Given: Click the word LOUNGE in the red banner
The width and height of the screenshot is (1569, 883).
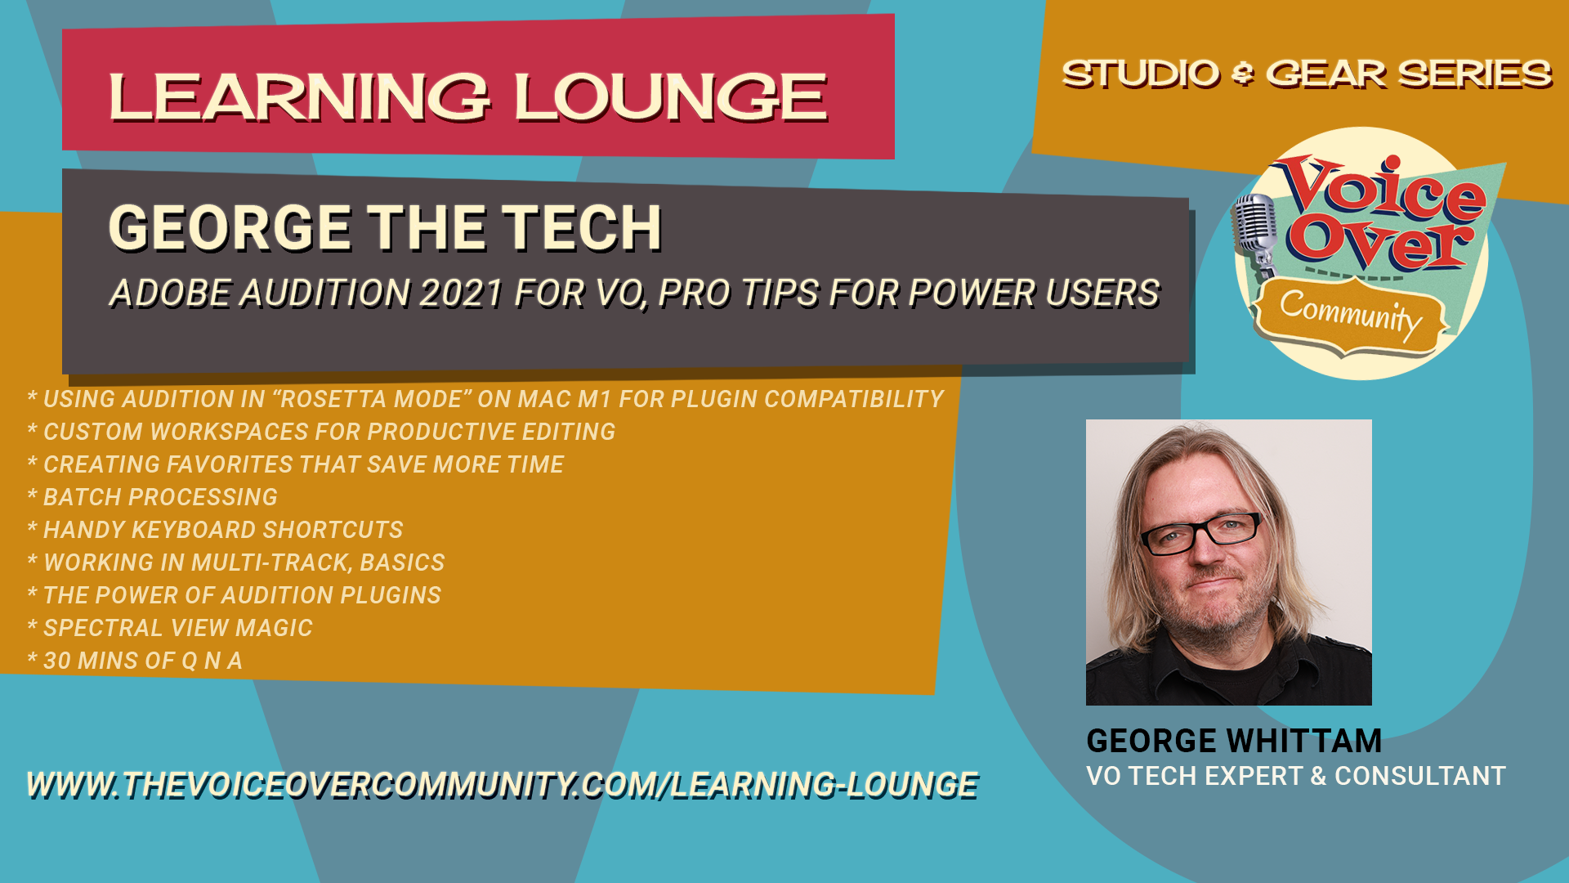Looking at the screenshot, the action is [x=671, y=97].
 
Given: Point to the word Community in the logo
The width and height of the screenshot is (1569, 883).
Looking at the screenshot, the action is [x=1351, y=315].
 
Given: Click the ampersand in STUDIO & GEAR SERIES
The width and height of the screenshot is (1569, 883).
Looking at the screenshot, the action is [x=1242, y=74].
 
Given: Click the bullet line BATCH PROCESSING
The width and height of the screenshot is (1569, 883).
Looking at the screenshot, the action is [x=153, y=497].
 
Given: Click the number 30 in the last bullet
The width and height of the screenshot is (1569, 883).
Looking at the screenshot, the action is [x=56, y=661].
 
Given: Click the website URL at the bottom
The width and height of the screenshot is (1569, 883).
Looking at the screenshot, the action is [x=503, y=785].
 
